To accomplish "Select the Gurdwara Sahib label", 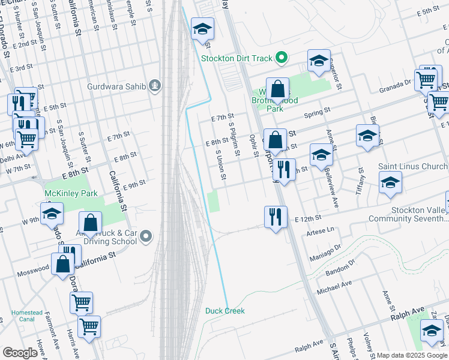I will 116,86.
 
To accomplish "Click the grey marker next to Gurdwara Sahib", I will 155,86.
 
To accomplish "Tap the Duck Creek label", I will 225,310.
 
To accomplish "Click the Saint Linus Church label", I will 413,166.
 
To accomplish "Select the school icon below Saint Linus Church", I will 390,182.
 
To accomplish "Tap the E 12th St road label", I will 309,218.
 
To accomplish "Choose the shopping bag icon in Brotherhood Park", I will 278,89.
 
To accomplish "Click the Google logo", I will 20,353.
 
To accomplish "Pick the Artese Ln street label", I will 319,231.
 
